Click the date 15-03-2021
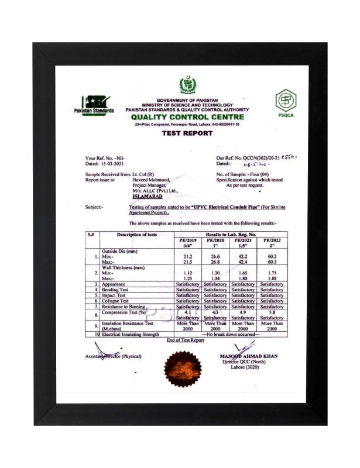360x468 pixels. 113,164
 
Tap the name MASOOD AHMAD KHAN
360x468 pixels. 248,356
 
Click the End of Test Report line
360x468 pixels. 185,340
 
